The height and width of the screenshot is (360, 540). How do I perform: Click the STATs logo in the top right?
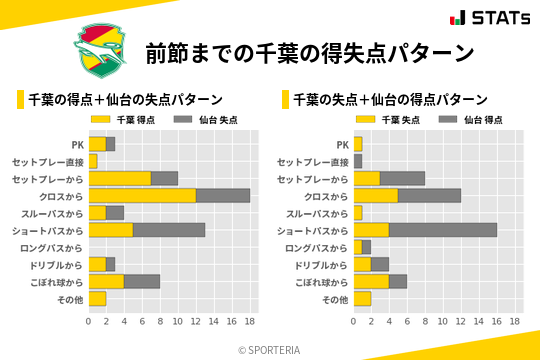click(489, 18)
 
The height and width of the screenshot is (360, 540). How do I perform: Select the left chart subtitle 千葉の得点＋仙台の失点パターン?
click(124, 99)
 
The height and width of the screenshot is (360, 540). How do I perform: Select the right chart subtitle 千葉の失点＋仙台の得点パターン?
click(390, 99)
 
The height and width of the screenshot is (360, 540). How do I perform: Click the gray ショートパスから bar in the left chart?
click(169, 230)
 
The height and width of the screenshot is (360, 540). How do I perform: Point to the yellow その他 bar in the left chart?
click(97, 298)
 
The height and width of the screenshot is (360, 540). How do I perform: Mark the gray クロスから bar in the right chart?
click(430, 196)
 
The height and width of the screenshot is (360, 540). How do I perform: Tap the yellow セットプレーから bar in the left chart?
click(120, 178)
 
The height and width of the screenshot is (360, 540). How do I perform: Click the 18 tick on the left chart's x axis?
click(250, 322)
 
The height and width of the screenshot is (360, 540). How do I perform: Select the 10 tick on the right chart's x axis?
click(443, 322)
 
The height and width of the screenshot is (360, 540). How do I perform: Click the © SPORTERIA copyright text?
click(269, 350)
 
